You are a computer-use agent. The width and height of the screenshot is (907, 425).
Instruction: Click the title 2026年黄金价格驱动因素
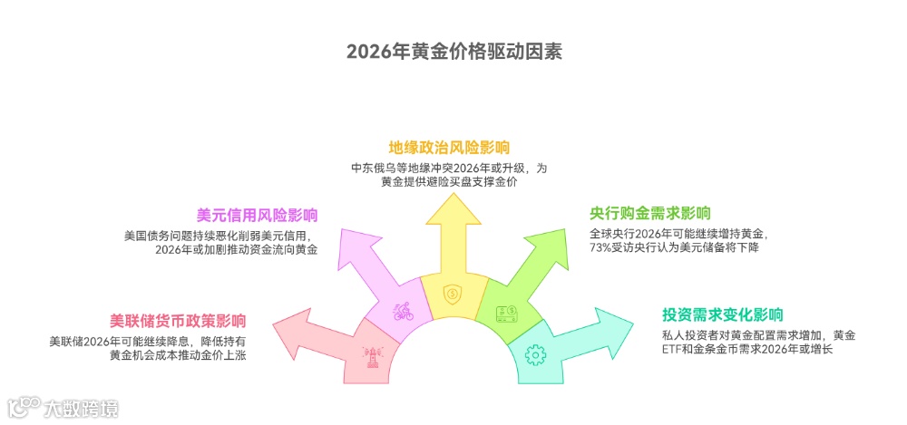click(453, 50)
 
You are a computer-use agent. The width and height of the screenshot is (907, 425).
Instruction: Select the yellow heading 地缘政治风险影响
click(449, 147)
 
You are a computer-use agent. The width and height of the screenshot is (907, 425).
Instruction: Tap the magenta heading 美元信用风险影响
click(257, 215)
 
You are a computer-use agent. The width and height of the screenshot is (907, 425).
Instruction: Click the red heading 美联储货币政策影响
click(178, 320)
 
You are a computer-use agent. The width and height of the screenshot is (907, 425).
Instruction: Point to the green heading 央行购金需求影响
click(650, 213)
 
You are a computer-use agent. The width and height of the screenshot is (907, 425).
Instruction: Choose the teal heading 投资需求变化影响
click(722, 314)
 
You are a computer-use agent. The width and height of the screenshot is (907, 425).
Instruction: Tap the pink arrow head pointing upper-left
click(356, 248)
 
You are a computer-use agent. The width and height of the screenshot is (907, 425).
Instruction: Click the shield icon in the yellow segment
click(452, 294)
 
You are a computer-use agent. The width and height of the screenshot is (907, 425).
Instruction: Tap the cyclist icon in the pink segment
click(403, 312)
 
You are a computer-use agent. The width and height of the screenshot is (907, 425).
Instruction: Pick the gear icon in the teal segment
click(534, 353)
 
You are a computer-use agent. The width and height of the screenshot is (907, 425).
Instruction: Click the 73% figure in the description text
click(600, 247)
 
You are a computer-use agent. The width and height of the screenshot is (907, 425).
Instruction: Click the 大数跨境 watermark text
click(82, 409)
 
